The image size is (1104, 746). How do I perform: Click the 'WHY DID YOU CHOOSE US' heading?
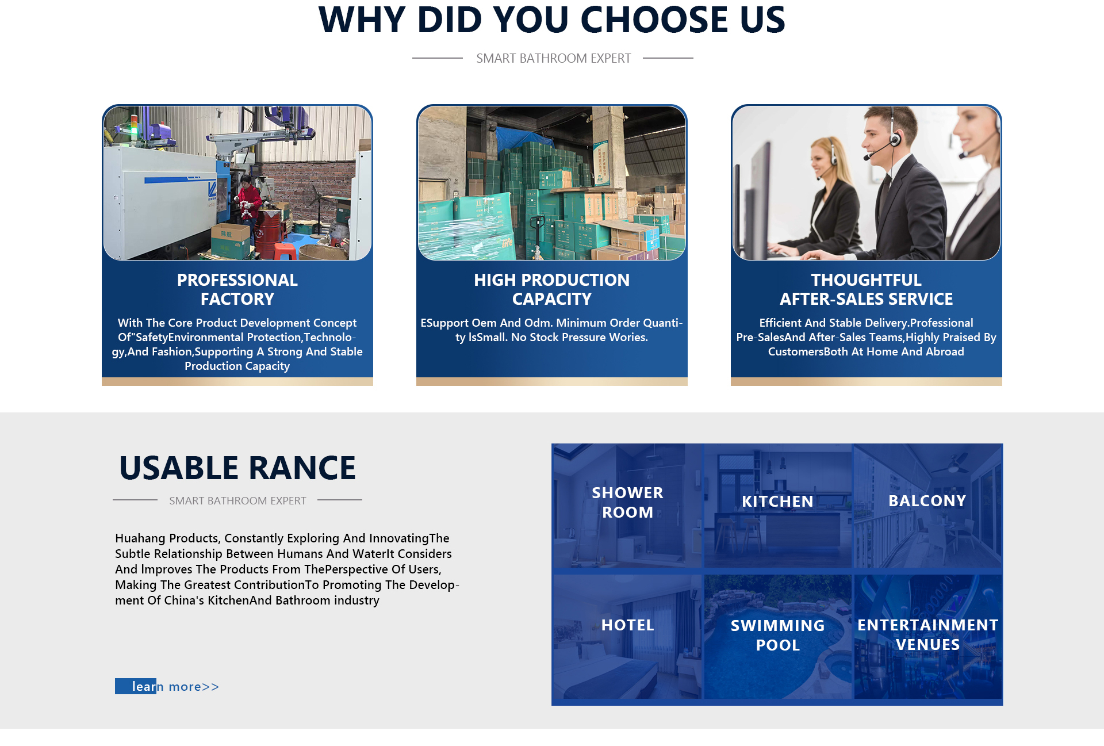pyautogui.click(x=552, y=20)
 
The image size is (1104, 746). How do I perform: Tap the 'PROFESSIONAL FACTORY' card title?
pyautogui.click(x=237, y=289)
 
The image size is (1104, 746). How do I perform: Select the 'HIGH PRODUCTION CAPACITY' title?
pyautogui.click(x=552, y=289)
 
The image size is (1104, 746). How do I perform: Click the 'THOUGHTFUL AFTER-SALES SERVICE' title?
pyautogui.click(x=867, y=289)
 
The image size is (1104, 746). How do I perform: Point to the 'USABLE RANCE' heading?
pyautogui.click(x=237, y=468)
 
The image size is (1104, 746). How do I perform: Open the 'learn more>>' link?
pyautogui.click(x=167, y=686)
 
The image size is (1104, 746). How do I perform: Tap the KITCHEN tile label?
pyautogui.click(x=777, y=502)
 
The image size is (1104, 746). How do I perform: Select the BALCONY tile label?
pyautogui.click(x=927, y=501)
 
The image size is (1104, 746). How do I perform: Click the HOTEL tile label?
pyautogui.click(x=627, y=625)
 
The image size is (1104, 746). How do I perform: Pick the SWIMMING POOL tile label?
pyautogui.click(x=777, y=636)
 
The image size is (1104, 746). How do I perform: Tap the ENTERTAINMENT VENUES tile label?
pyautogui.click(x=927, y=635)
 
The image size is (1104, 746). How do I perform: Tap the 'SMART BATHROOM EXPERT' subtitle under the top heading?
pyautogui.click(x=553, y=59)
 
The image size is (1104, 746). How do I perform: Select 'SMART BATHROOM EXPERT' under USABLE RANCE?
pyautogui.click(x=237, y=501)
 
